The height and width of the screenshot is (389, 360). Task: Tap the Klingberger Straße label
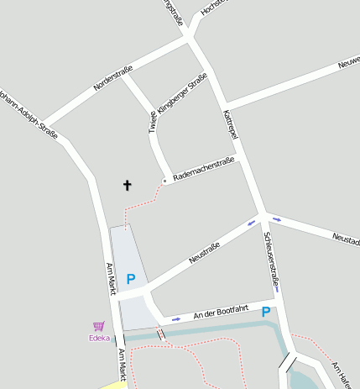182,94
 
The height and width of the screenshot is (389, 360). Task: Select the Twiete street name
153,123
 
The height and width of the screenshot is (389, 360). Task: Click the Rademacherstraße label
203,170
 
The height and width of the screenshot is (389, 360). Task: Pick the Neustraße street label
204,253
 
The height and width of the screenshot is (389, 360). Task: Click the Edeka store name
99,338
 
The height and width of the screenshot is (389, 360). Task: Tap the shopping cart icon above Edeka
99,326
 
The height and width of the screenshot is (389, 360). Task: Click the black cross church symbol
128,185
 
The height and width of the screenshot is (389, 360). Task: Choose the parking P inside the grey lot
131,279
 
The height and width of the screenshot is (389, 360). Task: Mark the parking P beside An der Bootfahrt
266,312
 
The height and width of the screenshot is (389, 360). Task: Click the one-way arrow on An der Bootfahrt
175,319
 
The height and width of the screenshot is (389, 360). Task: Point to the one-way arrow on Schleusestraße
276,288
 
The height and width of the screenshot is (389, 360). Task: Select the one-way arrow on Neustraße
251,223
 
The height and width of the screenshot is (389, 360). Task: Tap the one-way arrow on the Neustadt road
277,219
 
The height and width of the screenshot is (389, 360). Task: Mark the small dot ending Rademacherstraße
164,181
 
